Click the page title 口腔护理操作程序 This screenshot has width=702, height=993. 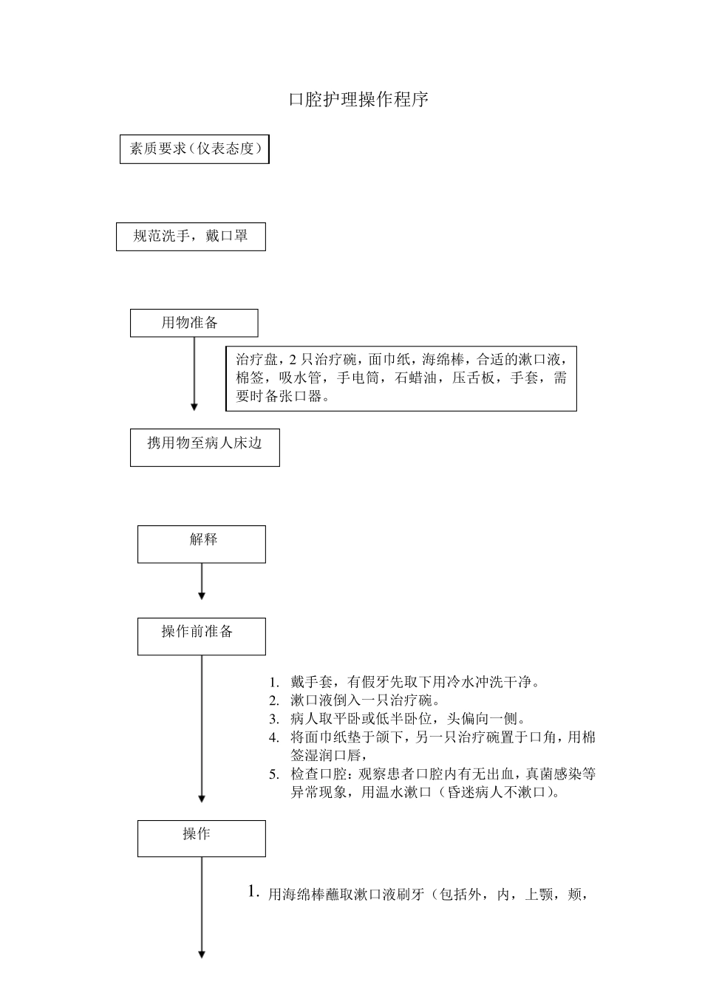[x=358, y=100]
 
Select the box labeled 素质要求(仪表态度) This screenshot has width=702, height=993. [x=195, y=149]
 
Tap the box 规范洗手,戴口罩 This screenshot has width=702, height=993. [x=191, y=237]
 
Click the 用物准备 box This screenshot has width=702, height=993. [x=194, y=323]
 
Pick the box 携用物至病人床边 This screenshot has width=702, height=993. [x=205, y=447]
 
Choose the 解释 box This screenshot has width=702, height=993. [x=202, y=544]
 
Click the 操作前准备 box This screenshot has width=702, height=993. [x=202, y=636]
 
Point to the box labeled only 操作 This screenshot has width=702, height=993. [x=202, y=839]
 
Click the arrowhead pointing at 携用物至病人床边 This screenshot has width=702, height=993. [x=194, y=406]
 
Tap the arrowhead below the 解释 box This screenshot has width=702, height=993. [x=202, y=596]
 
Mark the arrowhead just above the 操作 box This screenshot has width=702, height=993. [x=202, y=799]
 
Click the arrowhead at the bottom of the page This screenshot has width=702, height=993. [x=202, y=954]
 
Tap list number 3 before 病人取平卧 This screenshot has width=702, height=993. [x=273, y=719]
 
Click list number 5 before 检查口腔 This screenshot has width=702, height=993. [x=273, y=775]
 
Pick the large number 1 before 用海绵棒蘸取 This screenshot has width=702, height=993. [x=253, y=892]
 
